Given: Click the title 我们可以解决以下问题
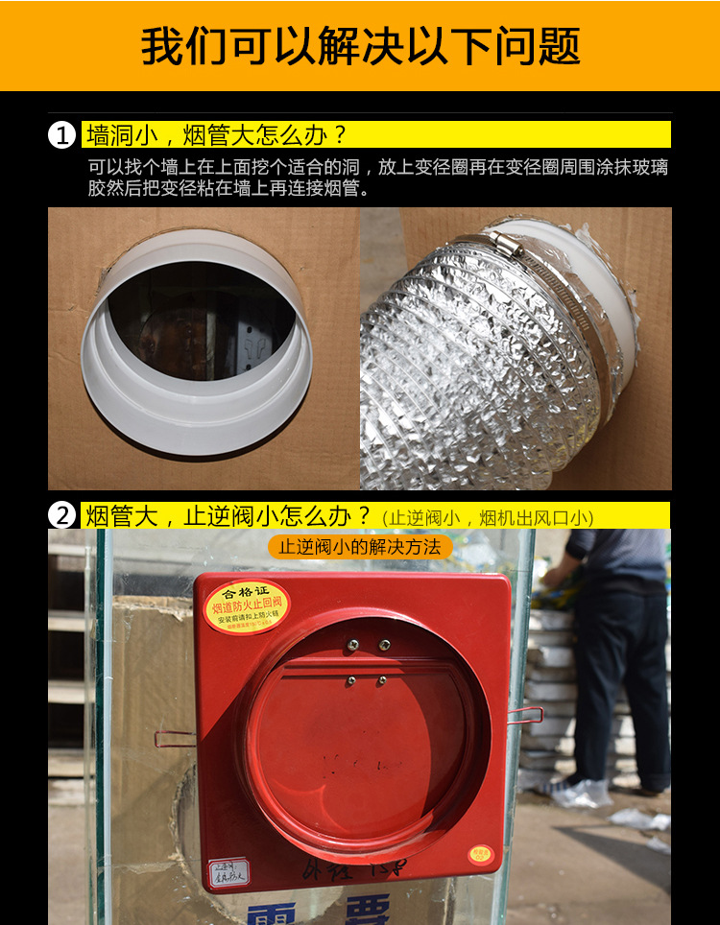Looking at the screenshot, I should pos(360,46).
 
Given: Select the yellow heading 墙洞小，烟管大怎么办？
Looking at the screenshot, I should pos(216,134).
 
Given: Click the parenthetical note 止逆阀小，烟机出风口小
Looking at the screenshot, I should pos(488,518).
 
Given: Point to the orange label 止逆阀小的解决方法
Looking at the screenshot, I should pos(360,547).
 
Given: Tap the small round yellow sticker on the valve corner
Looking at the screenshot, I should pos(479,852).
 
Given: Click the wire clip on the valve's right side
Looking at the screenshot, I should pos(525,714).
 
